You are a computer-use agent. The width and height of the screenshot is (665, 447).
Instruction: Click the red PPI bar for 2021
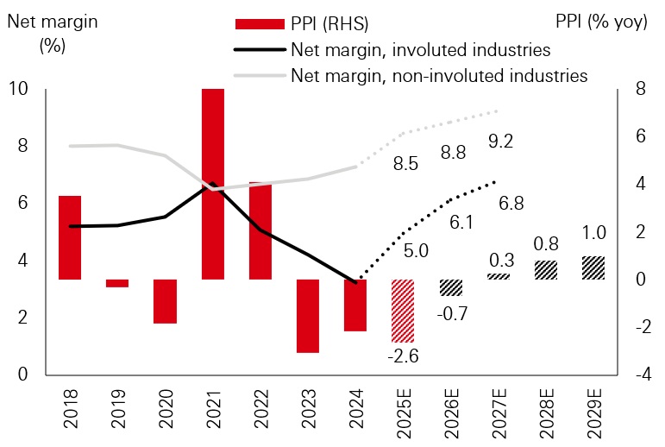(213, 184)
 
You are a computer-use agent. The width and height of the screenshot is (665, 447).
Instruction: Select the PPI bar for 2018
(70, 237)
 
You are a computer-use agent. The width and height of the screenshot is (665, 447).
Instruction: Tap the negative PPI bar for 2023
(308, 316)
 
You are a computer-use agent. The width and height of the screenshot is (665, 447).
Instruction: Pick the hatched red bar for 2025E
(403, 311)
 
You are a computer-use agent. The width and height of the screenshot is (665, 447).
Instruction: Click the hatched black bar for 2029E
(593, 268)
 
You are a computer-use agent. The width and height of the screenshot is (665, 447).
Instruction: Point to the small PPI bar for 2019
(117, 283)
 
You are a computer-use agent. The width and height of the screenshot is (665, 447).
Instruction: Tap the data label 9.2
(500, 141)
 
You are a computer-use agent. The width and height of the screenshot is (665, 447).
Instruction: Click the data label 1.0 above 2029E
(593, 233)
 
